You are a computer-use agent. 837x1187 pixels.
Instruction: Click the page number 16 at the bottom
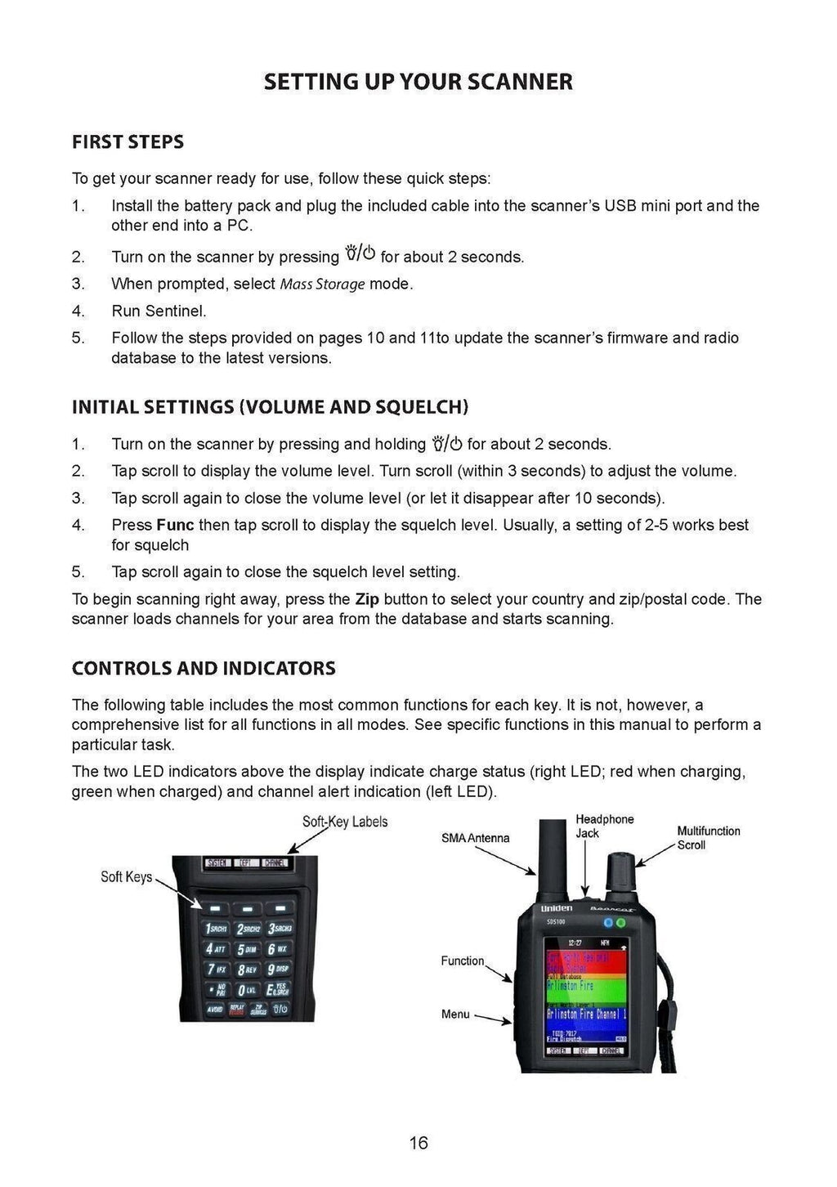click(418, 1142)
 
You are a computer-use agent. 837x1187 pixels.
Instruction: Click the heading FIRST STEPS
click(128, 142)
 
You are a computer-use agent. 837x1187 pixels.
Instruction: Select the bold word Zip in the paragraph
click(367, 599)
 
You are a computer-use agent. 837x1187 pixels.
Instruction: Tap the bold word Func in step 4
click(175, 525)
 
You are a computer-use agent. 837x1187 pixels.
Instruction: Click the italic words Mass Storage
click(322, 284)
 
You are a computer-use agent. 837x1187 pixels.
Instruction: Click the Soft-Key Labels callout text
click(344, 822)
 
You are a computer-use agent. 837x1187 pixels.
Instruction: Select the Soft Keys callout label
click(126, 877)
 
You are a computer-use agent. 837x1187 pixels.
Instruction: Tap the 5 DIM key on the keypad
click(247, 949)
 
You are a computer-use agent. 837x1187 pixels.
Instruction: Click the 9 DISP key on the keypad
click(279, 970)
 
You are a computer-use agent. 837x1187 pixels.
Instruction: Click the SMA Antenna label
click(475, 838)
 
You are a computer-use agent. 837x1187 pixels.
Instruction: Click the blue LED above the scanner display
click(607, 922)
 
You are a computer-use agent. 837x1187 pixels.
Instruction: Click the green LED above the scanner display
click(621, 922)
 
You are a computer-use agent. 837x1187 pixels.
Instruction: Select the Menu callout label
click(455, 1015)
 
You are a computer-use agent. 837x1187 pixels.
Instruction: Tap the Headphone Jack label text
click(604, 826)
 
